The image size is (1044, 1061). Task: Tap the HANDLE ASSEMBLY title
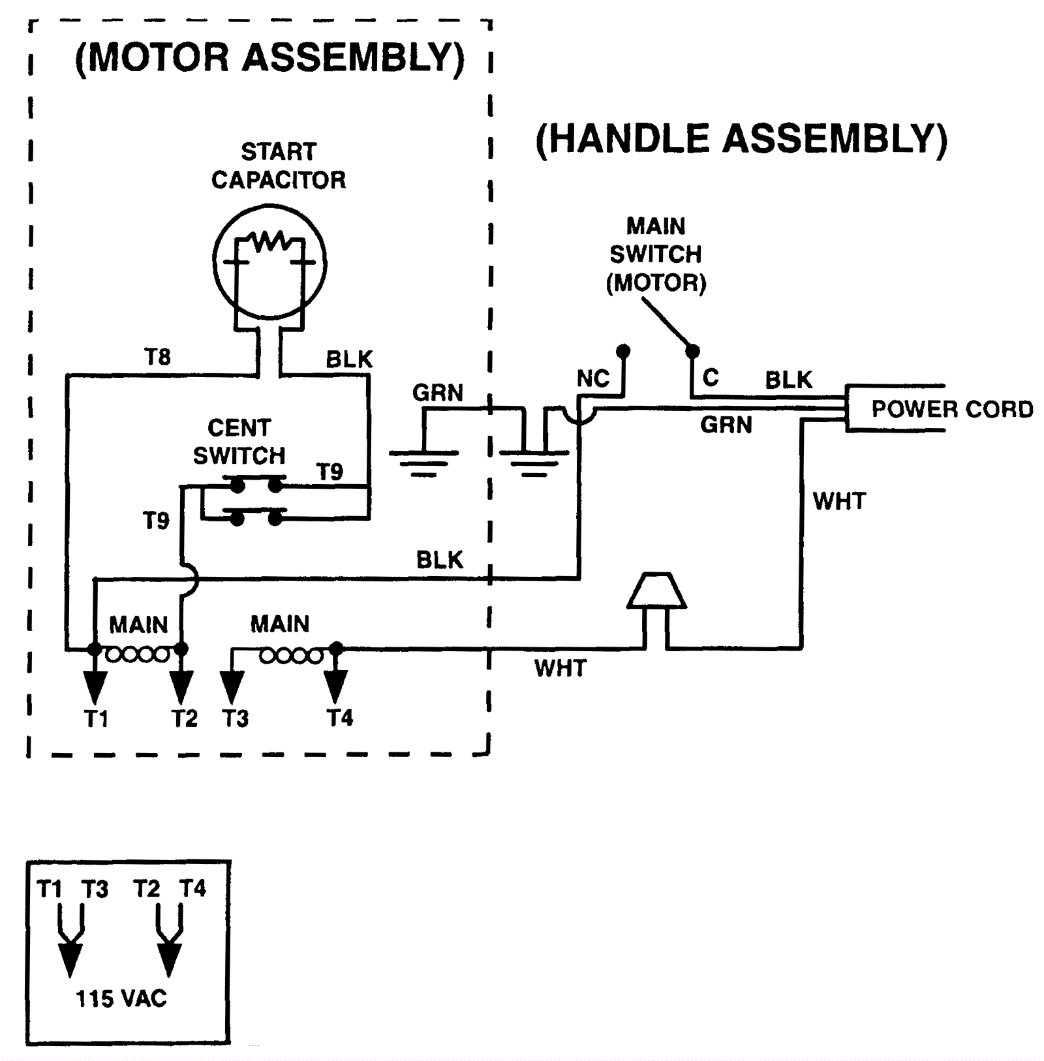click(x=741, y=139)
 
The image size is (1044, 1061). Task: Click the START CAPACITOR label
click(x=279, y=166)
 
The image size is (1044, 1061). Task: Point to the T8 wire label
click(x=157, y=357)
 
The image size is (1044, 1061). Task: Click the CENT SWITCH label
click(x=239, y=442)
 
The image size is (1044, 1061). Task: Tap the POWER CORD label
click(x=952, y=409)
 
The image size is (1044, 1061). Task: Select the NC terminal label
click(x=592, y=378)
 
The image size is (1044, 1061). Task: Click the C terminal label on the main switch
click(x=711, y=377)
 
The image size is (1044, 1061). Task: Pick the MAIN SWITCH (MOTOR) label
click(x=656, y=254)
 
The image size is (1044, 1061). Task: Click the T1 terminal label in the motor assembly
click(x=96, y=719)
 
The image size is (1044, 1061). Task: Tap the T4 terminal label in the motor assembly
click(x=340, y=718)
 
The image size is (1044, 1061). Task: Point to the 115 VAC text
click(x=121, y=998)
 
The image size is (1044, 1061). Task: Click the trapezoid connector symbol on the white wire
click(x=656, y=591)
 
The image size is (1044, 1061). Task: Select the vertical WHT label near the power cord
click(x=839, y=501)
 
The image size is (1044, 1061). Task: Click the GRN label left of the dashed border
click(x=437, y=393)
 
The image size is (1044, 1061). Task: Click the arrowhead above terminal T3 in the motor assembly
click(x=232, y=687)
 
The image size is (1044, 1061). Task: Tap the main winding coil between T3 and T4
click(x=291, y=656)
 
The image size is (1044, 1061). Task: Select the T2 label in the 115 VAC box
click(x=146, y=889)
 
